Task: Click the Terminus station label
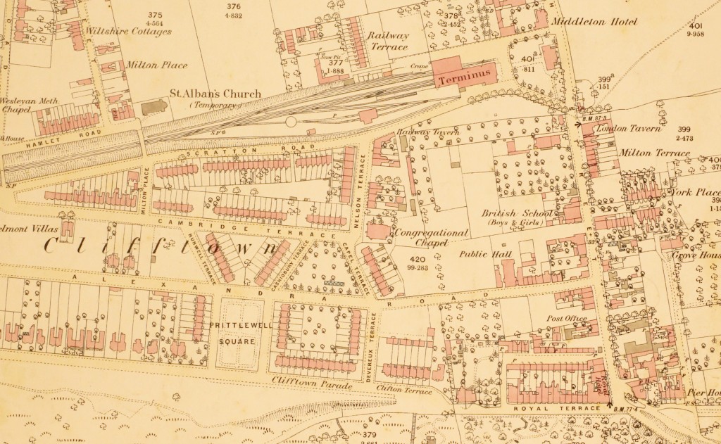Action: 464,80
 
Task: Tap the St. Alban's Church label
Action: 216,94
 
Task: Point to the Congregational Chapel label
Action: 432,237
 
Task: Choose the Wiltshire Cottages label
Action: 127,32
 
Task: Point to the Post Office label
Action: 568,319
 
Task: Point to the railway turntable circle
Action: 291,122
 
